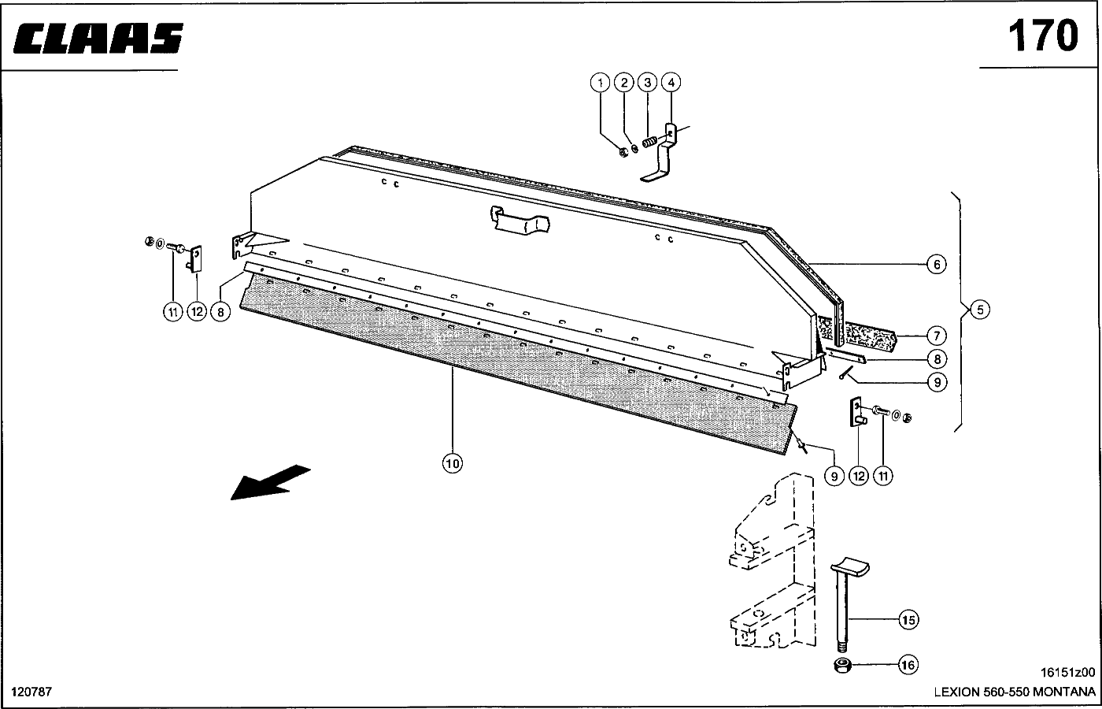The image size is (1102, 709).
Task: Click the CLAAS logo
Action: point(98,38)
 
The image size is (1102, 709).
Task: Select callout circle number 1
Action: point(600,83)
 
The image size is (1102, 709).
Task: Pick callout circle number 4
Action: point(671,82)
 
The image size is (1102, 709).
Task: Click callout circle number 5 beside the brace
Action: point(980,310)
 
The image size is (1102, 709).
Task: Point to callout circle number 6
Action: point(937,265)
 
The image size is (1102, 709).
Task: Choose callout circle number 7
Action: point(937,336)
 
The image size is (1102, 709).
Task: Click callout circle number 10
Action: point(452,463)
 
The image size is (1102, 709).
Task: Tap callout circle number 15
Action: point(908,619)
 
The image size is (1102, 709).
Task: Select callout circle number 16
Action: point(908,665)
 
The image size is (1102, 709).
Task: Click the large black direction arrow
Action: point(270,482)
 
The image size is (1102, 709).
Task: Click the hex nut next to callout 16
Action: point(843,666)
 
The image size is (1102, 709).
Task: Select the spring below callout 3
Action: point(650,143)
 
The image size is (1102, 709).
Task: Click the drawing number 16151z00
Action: point(1067,672)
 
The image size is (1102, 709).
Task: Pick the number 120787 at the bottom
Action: point(31,692)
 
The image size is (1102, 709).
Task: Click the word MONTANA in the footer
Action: point(1063,692)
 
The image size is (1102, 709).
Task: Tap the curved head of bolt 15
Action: point(850,566)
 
